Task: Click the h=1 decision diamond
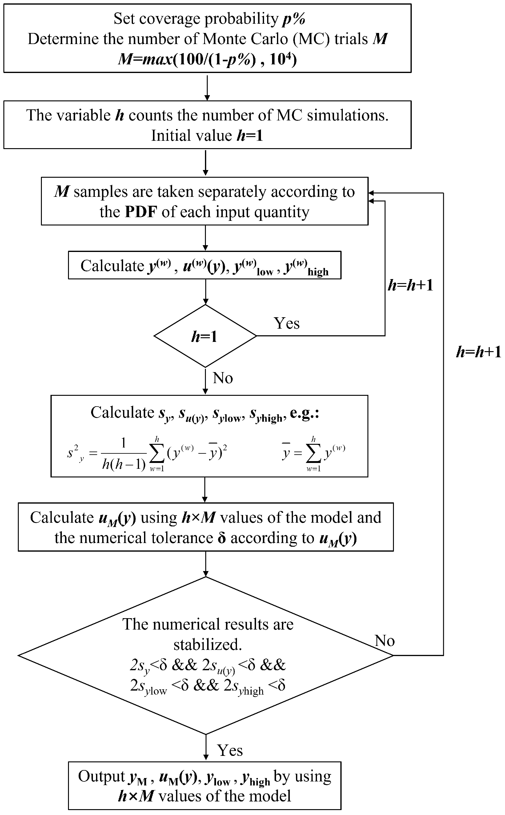tap(205, 336)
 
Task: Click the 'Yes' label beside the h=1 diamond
tap(287, 323)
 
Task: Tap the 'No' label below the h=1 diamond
tap(223, 378)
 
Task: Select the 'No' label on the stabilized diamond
tap(384, 640)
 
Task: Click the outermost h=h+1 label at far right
tap(478, 352)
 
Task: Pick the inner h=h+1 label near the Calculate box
tap(410, 285)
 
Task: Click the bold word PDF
tap(141, 212)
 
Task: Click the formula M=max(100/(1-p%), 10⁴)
tap(207, 59)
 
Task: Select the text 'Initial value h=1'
tap(207, 136)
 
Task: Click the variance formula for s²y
tap(147, 454)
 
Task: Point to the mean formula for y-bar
tap(313, 454)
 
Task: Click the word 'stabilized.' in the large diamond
tap(207, 644)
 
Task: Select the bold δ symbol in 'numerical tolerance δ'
tap(222, 538)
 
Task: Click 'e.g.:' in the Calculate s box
tap(304, 413)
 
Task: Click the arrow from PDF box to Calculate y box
tap(205, 238)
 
